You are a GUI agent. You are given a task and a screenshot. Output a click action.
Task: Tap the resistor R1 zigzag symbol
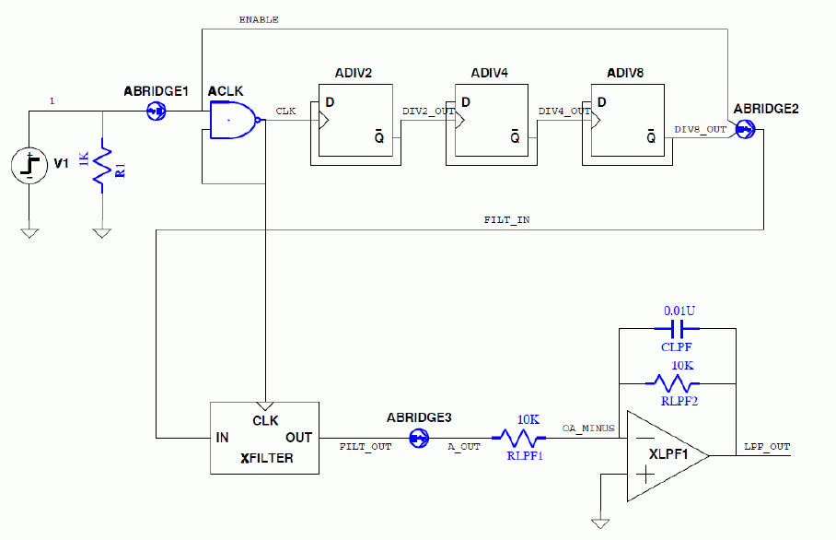click(102, 167)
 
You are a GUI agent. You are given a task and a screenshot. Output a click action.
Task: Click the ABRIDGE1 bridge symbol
click(157, 112)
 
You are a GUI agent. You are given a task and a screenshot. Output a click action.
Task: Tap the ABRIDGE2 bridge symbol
click(746, 130)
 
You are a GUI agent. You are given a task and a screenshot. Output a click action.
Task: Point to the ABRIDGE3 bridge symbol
click(419, 440)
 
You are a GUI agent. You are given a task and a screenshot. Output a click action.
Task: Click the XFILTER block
click(265, 438)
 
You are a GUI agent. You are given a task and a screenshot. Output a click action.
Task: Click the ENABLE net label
click(259, 19)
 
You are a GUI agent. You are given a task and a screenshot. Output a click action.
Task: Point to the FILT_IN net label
click(506, 221)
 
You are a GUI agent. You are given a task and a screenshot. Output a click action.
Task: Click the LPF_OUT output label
click(766, 447)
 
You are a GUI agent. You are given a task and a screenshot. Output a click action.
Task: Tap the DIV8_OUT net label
click(700, 129)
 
